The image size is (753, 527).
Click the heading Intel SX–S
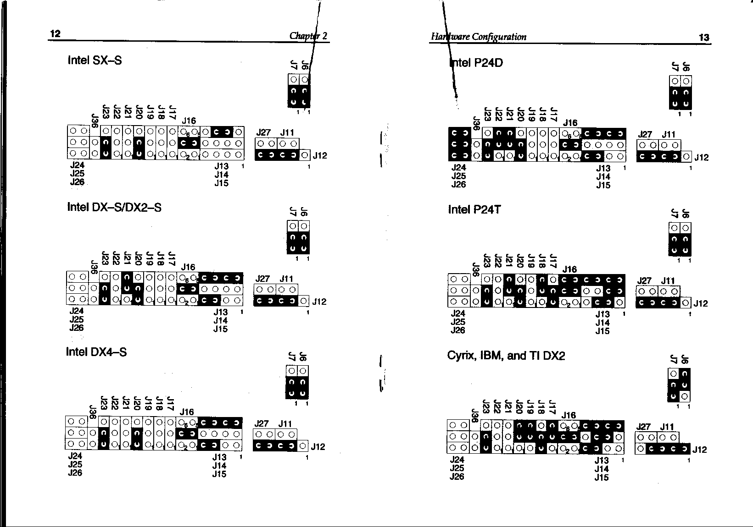(95, 60)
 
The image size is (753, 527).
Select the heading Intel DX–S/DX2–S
(114, 207)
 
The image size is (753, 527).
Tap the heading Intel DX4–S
(96, 352)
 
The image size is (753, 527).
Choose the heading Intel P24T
(474, 209)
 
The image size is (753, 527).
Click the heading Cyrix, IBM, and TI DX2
(506, 356)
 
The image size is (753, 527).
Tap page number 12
(55, 34)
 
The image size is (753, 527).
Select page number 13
(704, 37)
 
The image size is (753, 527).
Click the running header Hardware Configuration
(479, 37)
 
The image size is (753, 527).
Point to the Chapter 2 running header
(308, 36)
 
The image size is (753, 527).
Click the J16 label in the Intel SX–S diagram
(189, 121)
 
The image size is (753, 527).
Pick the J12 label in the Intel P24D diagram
(702, 157)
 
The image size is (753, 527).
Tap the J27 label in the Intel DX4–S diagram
(262, 424)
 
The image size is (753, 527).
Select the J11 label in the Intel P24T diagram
(668, 281)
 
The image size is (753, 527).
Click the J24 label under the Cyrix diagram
(457, 460)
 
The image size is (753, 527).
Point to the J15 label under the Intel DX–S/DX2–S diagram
(221, 329)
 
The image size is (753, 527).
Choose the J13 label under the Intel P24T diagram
(602, 314)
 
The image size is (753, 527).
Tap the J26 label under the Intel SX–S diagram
(77, 182)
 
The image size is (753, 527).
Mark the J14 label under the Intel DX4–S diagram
(219, 466)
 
